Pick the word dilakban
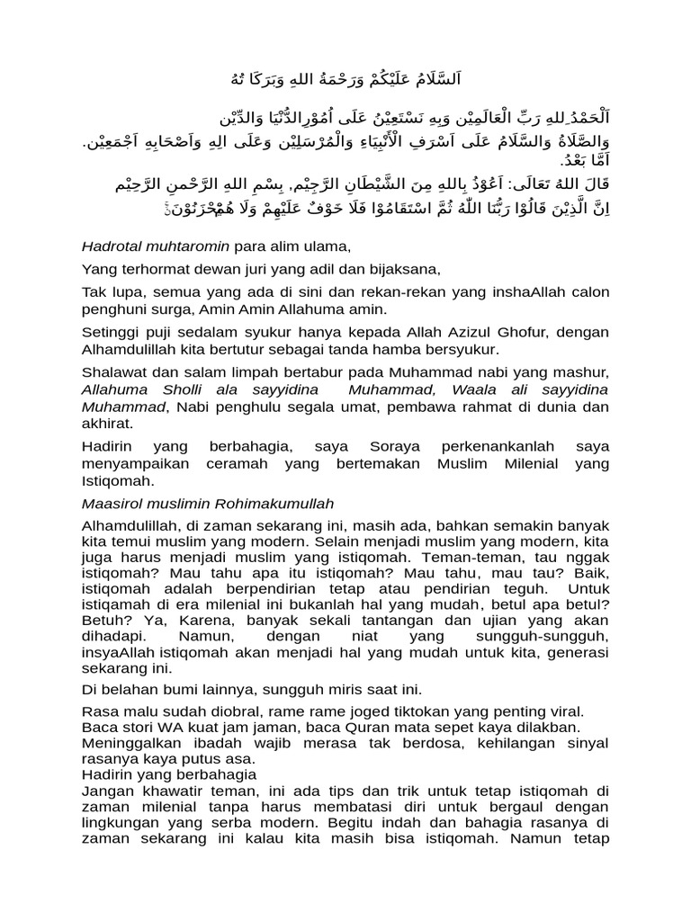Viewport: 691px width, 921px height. coord(543,727)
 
